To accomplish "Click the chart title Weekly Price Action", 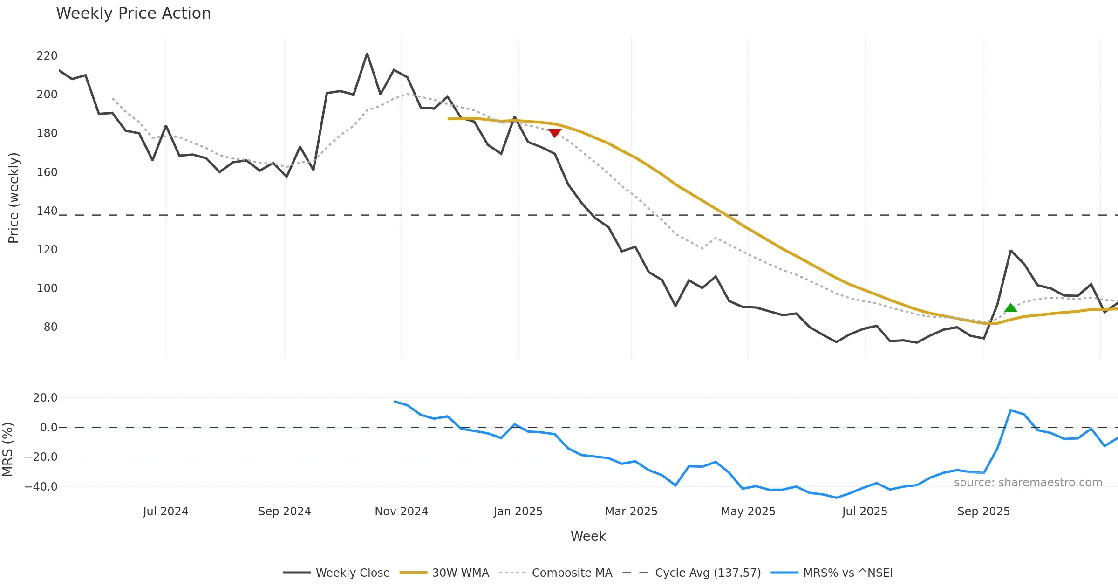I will click(133, 14).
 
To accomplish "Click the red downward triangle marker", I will click(554, 133).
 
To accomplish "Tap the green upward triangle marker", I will click(1010, 307).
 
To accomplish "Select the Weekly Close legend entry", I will click(336, 573).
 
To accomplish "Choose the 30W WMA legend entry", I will click(444, 573).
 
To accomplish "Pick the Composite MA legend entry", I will click(556, 573).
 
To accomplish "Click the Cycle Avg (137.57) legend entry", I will click(692, 573).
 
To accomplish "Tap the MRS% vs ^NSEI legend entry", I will click(832, 573).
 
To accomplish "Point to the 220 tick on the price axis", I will click(47, 56).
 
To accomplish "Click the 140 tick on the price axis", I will click(47, 211).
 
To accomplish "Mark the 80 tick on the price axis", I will click(50, 327).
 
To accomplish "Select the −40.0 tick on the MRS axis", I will click(41, 487).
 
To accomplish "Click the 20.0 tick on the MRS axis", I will click(45, 398).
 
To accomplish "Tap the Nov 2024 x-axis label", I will click(401, 512).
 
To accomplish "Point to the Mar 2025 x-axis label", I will click(631, 512).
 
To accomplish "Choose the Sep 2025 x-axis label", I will click(983, 512).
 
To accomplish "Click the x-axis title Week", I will click(588, 536).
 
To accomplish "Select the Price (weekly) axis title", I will click(14, 198).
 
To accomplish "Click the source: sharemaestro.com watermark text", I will click(1028, 483).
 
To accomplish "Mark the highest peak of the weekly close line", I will click(367, 54).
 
